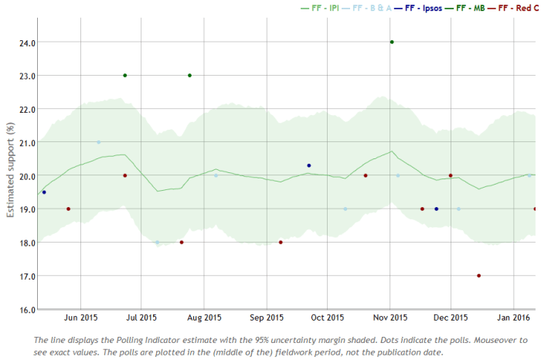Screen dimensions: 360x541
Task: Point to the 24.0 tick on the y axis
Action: point(26,42)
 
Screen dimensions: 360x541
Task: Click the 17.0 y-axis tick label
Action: point(26,276)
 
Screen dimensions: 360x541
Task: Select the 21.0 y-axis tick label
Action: point(26,142)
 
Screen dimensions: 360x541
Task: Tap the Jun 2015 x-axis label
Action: point(80,318)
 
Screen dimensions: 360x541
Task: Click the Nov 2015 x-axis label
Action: point(390,318)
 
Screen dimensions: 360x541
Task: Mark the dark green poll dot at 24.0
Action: point(392,42)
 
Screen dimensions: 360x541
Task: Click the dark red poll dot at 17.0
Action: point(479,276)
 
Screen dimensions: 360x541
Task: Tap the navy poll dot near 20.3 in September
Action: point(309,165)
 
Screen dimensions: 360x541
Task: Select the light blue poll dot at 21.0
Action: point(98,142)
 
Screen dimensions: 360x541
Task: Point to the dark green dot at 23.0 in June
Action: point(124,76)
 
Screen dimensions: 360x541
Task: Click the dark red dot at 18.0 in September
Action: point(281,243)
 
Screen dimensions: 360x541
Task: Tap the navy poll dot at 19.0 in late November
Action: point(437,209)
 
